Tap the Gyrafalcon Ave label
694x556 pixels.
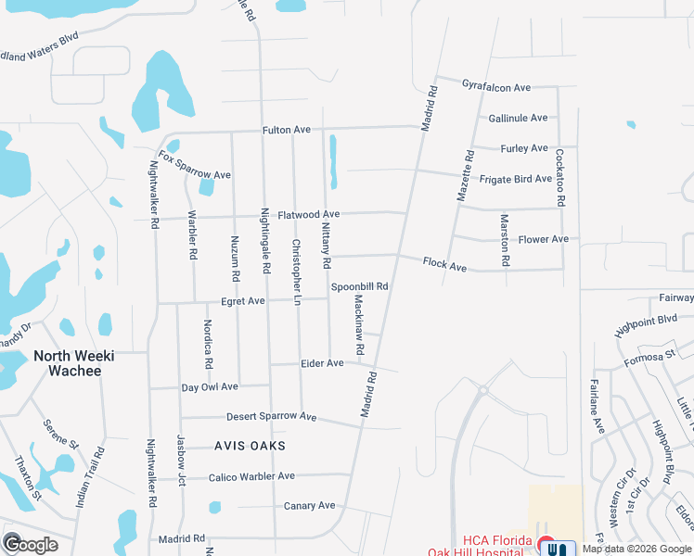(496, 87)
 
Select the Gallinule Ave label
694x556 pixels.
(518, 119)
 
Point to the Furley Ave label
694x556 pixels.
(524, 148)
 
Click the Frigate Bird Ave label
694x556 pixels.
(517, 178)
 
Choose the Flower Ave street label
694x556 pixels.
(543, 239)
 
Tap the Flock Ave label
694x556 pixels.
(444, 265)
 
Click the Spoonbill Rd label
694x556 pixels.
(359, 286)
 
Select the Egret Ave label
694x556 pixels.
(243, 301)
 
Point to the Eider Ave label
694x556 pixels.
(322, 363)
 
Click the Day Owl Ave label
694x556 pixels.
(210, 386)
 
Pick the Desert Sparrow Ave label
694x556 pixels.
(270, 417)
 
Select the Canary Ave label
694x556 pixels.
(309, 506)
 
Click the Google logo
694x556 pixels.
(30, 544)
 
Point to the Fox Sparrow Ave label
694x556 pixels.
(193, 166)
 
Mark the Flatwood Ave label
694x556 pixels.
(308, 214)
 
